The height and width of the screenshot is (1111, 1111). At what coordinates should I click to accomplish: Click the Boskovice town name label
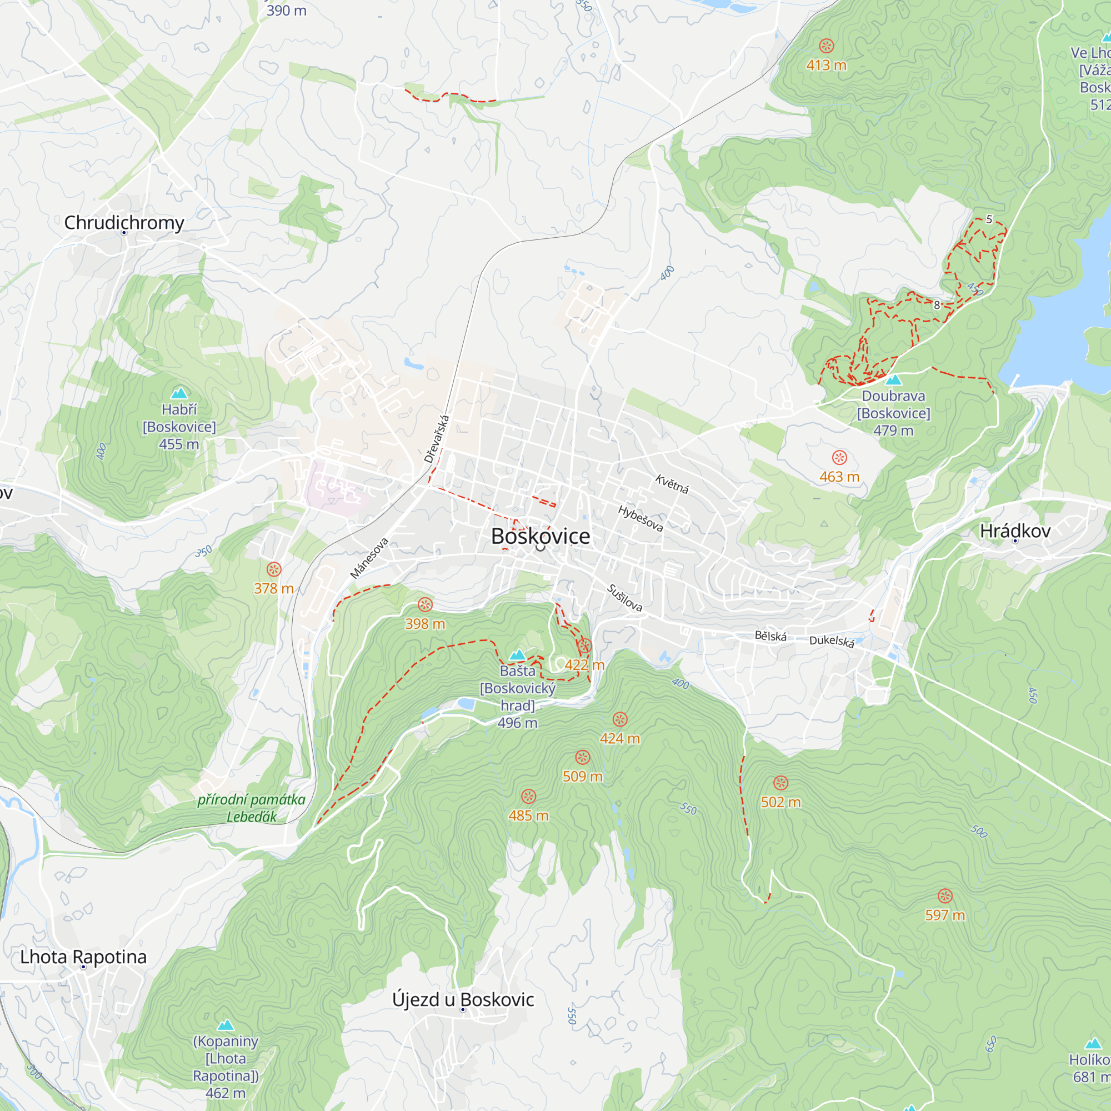pyautogui.click(x=540, y=536)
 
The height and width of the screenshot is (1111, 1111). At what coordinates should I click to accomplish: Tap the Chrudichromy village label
pyautogui.click(x=124, y=223)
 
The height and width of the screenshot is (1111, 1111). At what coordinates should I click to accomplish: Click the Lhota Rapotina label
pyautogui.click(x=83, y=957)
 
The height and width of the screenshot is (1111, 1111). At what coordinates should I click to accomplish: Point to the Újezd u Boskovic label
pyautogui.click(x=463, y=1000)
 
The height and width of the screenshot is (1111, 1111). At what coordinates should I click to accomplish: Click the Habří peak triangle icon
pyautogui.click(x=179, y=393)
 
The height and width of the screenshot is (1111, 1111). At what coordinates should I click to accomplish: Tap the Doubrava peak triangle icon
pyautogui.click(x=893, y=379)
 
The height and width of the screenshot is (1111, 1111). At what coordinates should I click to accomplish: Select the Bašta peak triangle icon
pyautogui.click(x=518, y=654)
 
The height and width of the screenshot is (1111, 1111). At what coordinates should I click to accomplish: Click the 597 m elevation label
pyautogui.click(x=945, y=915)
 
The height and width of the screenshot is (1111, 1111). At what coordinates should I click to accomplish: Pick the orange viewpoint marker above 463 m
pyautogui.click(x=839, y=458)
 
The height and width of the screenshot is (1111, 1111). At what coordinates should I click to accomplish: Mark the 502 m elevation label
pyautogui.click(x=780, y=802)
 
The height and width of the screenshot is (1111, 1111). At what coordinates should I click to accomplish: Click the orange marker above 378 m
pyautogui.click(x=274, y=569)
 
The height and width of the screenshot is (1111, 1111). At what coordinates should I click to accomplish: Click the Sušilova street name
pyautogui.click(x=625, y=598)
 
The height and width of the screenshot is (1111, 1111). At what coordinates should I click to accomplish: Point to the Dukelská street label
pyautogui.click(x=832, y=641)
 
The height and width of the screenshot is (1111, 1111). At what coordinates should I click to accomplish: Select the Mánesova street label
pyautogui.click(x=369, y=558)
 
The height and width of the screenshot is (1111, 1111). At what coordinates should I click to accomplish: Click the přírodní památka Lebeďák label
pyautogui.click(x=251, y=808)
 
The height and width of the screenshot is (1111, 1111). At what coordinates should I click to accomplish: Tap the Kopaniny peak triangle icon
pyautogui.click(x=226, y=1025)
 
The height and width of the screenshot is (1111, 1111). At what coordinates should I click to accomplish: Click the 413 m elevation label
pyautogui.click(x=826, y=65)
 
